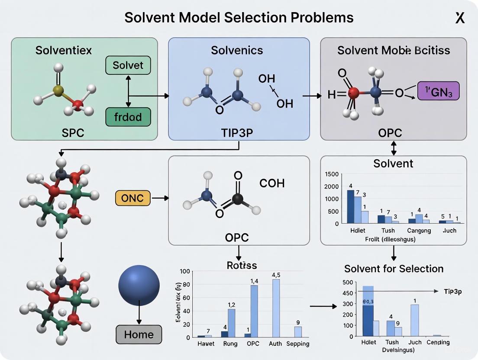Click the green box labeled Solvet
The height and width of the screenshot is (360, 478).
tap(128, 66)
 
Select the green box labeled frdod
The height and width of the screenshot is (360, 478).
tap(128, 117)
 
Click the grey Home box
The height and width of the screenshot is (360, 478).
tap(139, 334)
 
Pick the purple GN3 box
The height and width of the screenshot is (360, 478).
tap(438, 92)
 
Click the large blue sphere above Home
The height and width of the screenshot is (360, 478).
tap(139, 286)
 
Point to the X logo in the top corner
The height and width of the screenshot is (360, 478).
tap(460, 18)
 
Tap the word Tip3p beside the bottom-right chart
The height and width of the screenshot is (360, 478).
tap(452, 292)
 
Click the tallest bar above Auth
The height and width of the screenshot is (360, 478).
tap(276, 308)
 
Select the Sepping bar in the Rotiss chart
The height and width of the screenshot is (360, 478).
tap(298, 331)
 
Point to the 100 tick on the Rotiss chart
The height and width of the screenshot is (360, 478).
tap(185, 271)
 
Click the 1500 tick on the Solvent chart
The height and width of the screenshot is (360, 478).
tap(331, 174)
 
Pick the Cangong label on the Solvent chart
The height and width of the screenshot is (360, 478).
tap(419, 231)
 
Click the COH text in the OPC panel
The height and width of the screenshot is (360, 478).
tap(272, 183)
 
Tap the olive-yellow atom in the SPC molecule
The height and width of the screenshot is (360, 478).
tap(58, 90)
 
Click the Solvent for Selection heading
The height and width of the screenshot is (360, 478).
tap(394, 269)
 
